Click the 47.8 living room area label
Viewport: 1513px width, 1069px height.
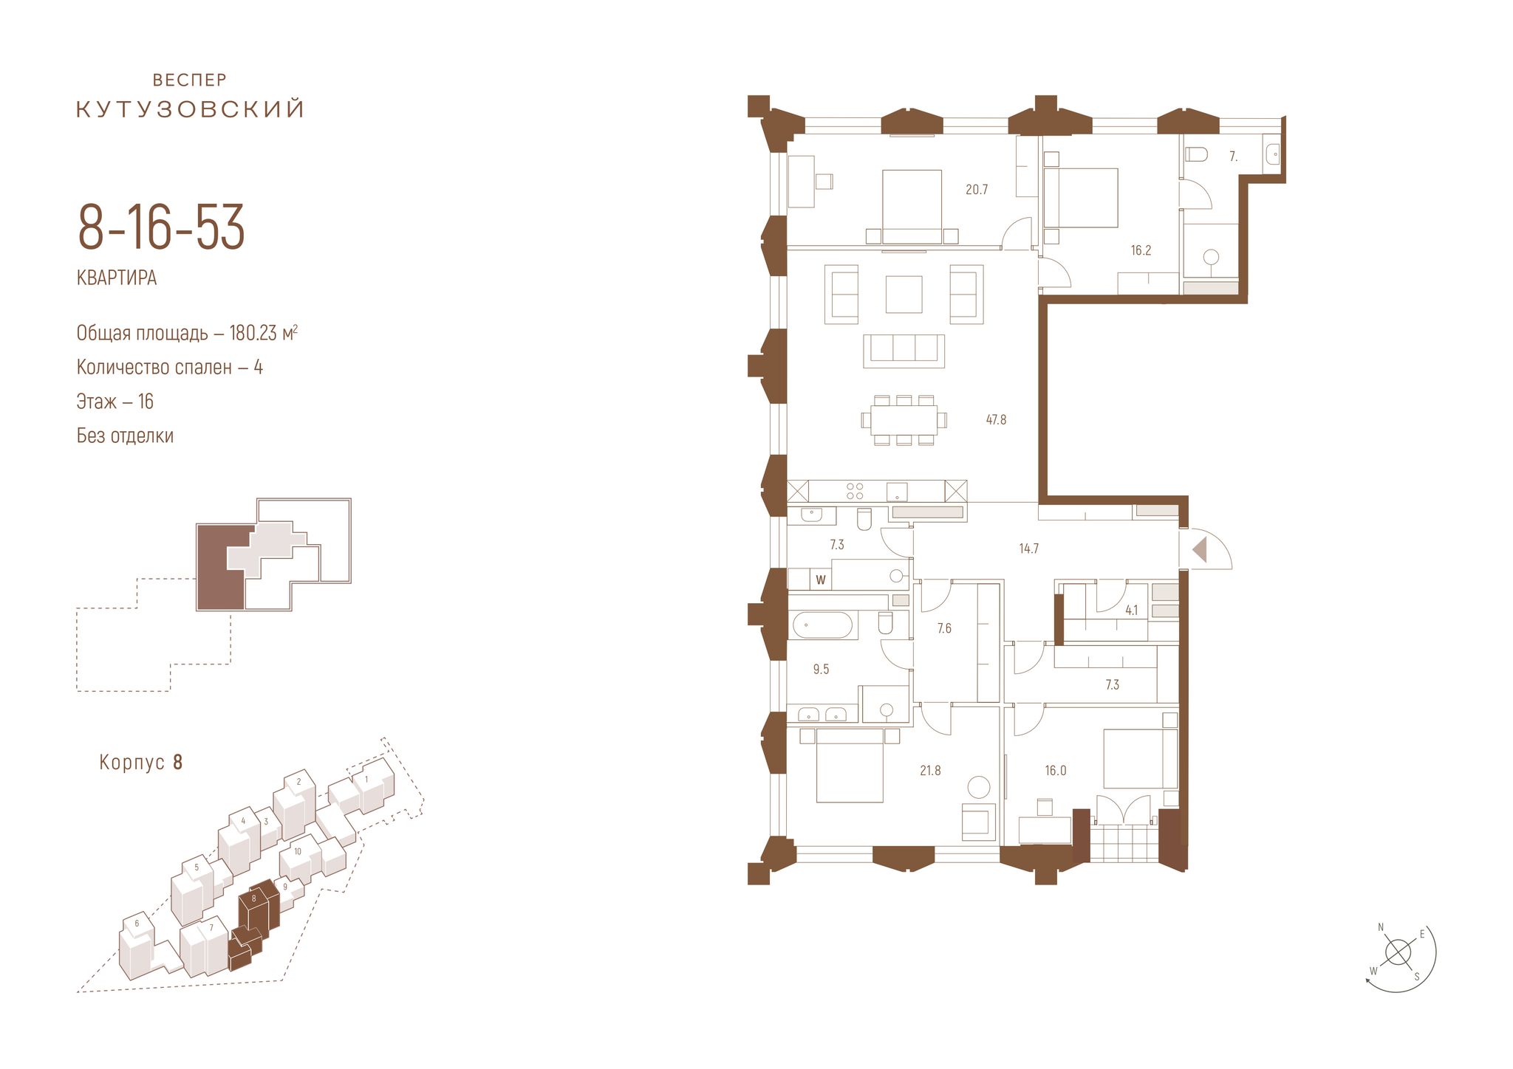pos(996,420)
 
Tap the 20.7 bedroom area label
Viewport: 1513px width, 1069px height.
pos(976,190)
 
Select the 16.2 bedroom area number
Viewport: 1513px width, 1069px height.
pos(1141,250)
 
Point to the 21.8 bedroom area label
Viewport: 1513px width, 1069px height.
pos(930,771)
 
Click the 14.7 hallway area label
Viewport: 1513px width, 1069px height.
pos(1028,549)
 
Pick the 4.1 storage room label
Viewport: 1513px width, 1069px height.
pos(1132,611)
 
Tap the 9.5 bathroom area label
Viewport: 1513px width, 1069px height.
pos(821,670)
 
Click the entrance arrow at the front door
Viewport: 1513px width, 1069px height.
pos(1200,549)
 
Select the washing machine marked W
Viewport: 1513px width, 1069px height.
pos(820,580)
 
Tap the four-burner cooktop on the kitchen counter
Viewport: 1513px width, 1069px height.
pos(855,491)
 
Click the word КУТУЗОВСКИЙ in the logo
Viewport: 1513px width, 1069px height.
pos(191,109)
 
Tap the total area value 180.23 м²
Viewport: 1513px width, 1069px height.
pos(264,333)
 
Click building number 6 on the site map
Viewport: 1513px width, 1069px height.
pos(137,924)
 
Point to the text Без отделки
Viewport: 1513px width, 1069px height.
pos(125,436)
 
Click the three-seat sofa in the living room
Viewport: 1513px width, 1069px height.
pos(904,351)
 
